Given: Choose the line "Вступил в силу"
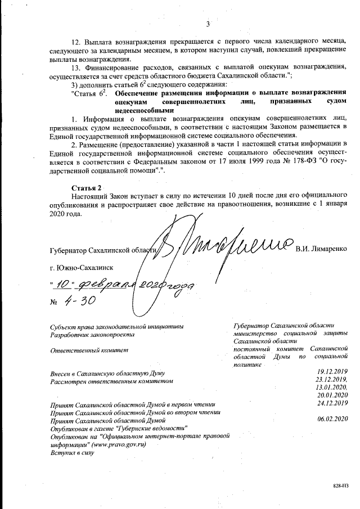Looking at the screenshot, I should pos(71,452).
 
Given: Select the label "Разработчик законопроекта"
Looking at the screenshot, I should pos(92,334).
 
